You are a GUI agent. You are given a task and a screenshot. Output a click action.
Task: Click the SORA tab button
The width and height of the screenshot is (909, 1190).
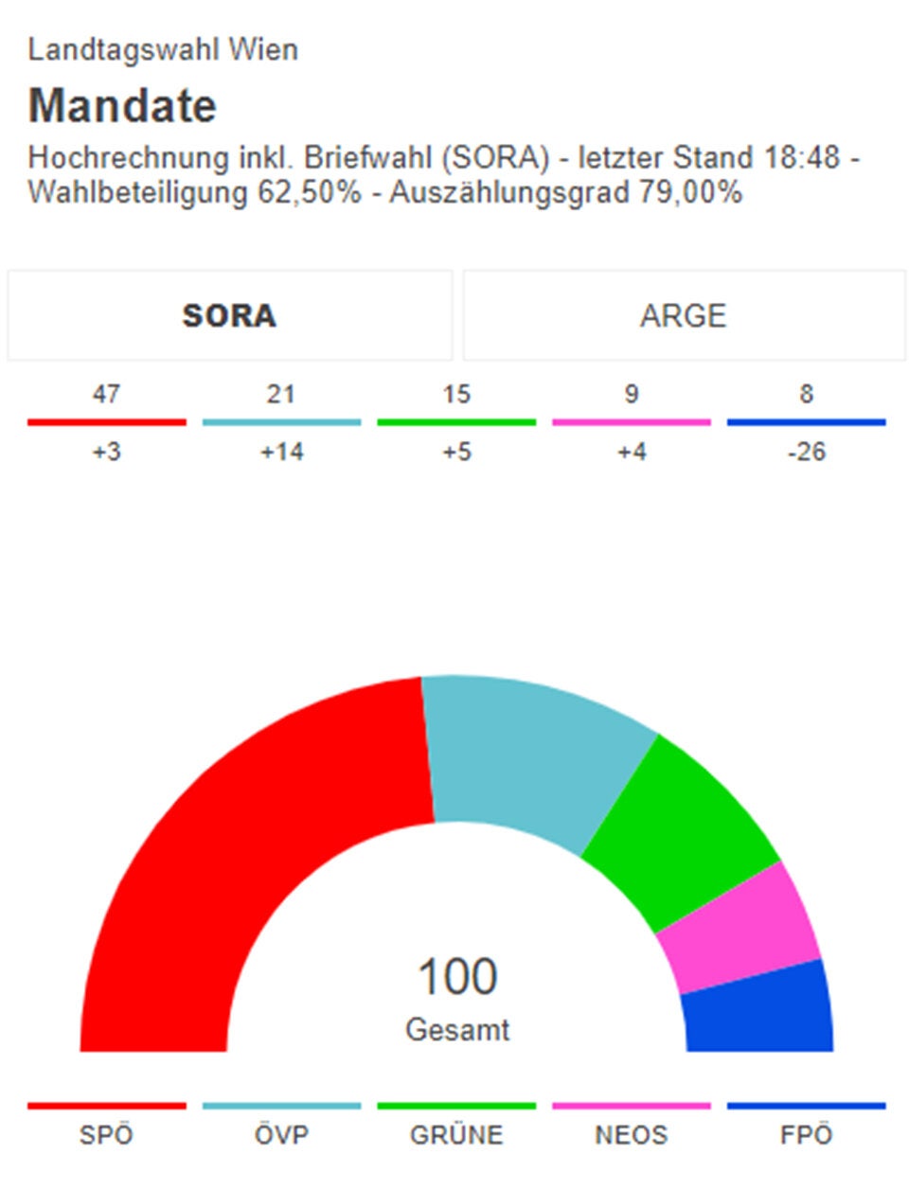click(x=229, y=315)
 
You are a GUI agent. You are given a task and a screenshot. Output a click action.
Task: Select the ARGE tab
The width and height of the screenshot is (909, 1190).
click(x=683, y=315)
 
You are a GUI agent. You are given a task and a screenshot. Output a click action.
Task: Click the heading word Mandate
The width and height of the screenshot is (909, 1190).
click(x=122, y=105)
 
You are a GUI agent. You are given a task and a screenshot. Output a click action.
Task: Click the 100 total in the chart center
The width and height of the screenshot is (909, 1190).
click(x=457, y=977)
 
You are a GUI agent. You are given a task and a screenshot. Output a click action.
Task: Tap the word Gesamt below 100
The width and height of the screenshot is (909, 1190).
click(x=457, y=1030)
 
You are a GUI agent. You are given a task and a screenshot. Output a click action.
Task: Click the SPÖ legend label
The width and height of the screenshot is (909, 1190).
click(x=106, y=1134)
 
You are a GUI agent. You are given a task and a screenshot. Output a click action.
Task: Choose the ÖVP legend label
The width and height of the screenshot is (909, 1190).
click(x=281, y=1134)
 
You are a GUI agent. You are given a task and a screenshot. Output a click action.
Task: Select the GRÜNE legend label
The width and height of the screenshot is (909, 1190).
click(x=456, y=1134)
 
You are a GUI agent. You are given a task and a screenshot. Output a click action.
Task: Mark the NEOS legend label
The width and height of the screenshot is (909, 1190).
click(x=631, y=1134)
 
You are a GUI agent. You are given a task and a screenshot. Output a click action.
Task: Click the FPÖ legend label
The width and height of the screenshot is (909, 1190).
click(x=806, y=1134)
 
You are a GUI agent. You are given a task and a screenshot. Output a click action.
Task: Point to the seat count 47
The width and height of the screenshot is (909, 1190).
click(x=106, y=394)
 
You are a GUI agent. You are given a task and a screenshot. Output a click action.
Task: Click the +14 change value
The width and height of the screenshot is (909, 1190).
click(x=281, y=452)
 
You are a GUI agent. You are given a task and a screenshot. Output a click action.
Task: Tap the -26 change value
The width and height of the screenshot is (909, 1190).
click(x=806, y=452)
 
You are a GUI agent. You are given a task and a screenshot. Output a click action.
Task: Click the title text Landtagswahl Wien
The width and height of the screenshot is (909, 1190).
click(x=163, y=49)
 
